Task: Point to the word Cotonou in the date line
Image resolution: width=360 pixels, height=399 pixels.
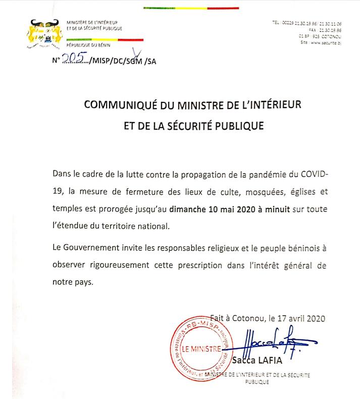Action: (249, 318)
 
